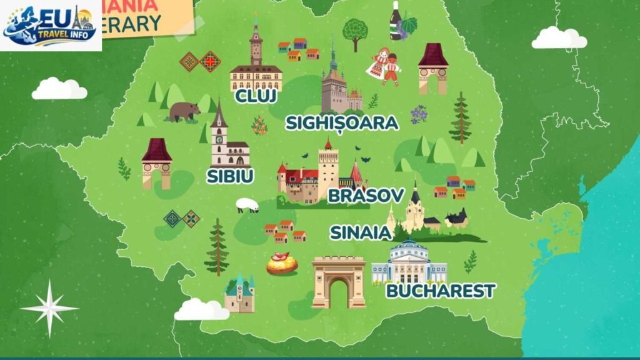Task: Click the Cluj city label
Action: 256,97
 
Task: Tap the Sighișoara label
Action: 342,123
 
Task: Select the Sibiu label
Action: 230,176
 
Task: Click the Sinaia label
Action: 361,232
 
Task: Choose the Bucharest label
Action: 441,291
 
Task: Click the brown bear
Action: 184,111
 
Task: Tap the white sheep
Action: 247,205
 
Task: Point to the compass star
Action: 49,308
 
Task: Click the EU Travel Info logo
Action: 51,26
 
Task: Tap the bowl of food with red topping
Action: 282,264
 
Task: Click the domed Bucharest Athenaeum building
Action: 409,262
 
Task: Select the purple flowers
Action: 419,114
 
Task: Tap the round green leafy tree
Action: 355,31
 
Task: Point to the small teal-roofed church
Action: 240,294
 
